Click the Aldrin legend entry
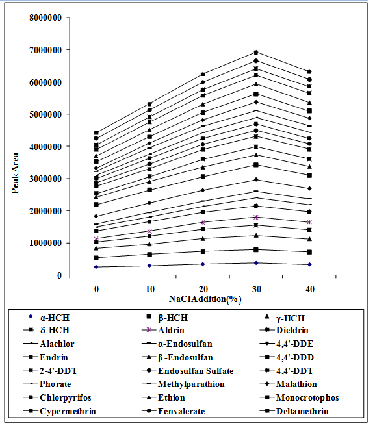tap(171, 330)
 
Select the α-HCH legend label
tap(55, 318)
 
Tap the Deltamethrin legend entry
tap(302, 411)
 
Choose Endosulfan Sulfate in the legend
tap(196, 371)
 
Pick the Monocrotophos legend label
tap(307, 397)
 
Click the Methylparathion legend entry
tap(191, 384)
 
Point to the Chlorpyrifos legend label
tap(65, 397)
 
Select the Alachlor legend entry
tap(57, 344)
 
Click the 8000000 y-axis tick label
tap(45, 18)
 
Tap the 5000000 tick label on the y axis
tap(45, 114)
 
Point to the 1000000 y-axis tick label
tap(45, 243)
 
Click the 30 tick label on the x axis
tap(256, 289)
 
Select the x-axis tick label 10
tap(149, 289)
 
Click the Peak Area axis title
tap(15, 173)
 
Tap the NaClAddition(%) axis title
tap(205, 299)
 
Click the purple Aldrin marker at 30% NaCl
tap(256, 218)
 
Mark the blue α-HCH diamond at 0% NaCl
tap(96, 267)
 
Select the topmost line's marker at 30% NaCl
tap(256, 53)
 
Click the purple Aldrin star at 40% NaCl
tap(309, 222)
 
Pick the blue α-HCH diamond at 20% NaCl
tap(203, 264)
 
